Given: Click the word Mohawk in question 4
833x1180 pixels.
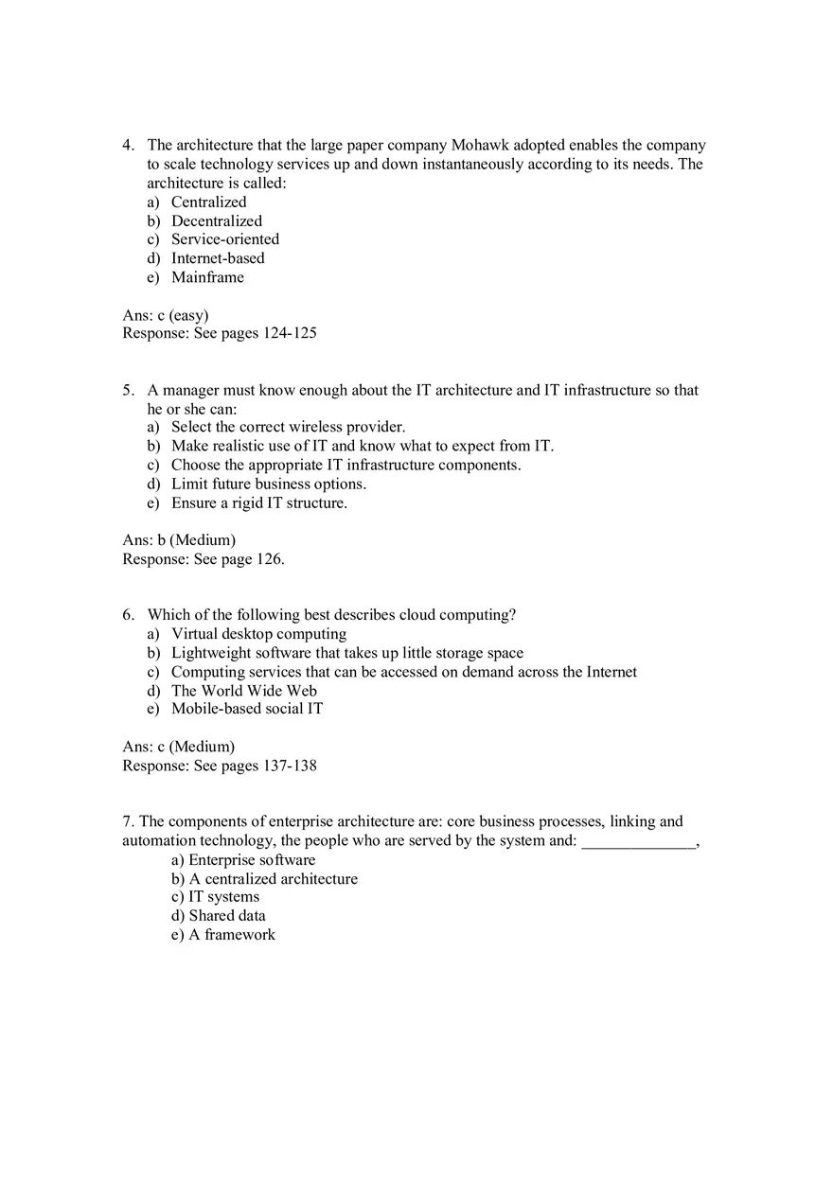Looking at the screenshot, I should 480,145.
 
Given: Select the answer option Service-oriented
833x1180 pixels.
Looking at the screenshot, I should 225,239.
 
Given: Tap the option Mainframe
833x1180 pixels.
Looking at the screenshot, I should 207,277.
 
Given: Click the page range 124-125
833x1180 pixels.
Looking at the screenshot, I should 289,333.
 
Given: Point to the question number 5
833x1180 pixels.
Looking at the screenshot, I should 128,390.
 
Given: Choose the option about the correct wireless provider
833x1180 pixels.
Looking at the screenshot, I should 288,427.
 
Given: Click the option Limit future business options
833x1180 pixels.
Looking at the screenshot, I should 268,484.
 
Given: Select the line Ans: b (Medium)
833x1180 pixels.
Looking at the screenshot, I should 179,540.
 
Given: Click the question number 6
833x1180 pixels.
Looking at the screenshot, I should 128,615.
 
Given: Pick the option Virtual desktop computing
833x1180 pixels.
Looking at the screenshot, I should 258,634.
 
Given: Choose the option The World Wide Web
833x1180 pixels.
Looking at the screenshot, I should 243,690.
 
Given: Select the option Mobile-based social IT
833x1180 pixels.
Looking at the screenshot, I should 247,709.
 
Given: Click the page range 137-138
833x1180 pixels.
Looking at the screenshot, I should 289,766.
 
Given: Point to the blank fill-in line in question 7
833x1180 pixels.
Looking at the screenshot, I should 638,842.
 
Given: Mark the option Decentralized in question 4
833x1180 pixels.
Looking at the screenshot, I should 217,220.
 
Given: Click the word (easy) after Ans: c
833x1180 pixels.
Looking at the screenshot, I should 189,315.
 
